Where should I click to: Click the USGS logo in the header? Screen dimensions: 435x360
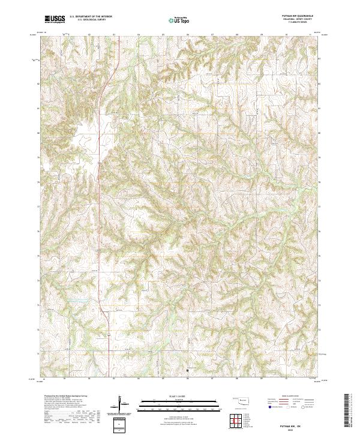(55, 20)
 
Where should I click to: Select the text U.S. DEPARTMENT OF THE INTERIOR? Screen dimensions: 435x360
(90, 17)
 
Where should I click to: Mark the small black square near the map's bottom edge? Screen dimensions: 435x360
(187, 371)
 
